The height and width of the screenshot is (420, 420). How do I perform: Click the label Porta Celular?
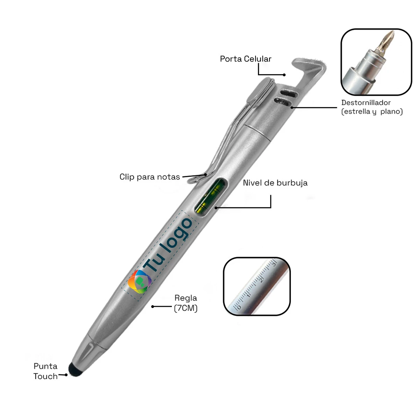coord(246,59)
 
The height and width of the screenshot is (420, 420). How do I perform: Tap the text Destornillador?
coord(366,103)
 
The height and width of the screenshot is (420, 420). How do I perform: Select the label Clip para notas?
coord(150,177)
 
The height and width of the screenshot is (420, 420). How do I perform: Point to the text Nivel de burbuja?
coord(275,183)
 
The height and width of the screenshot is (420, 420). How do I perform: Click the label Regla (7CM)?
coord(186,303)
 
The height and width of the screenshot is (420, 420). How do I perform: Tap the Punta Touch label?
coord(46,371)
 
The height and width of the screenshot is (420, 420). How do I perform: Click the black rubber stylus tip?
coord(75,370)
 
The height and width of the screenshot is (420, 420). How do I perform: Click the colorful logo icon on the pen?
coord(139,281)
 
